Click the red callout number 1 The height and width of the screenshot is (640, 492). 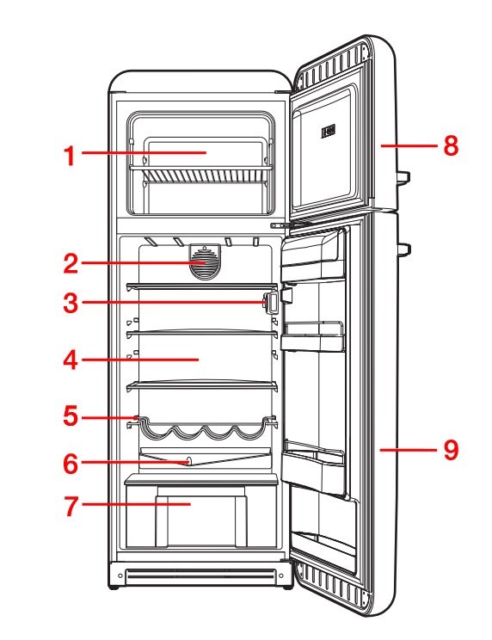71,156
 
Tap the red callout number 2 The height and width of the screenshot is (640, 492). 71,264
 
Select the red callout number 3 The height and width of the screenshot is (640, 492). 71,304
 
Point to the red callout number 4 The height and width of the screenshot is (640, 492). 71,360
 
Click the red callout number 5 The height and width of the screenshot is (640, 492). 71,415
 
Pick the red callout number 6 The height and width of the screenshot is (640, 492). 71,464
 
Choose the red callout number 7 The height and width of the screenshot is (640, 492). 71,506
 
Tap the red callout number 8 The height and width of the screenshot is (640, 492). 451,145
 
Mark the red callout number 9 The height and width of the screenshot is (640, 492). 451,450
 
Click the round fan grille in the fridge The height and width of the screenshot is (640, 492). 205,262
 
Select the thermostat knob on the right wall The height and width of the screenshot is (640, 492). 270,302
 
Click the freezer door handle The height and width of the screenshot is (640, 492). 403,177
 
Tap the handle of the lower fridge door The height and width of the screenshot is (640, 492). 404,249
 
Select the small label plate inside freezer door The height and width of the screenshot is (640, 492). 328,132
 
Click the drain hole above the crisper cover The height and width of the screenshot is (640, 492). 188,461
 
